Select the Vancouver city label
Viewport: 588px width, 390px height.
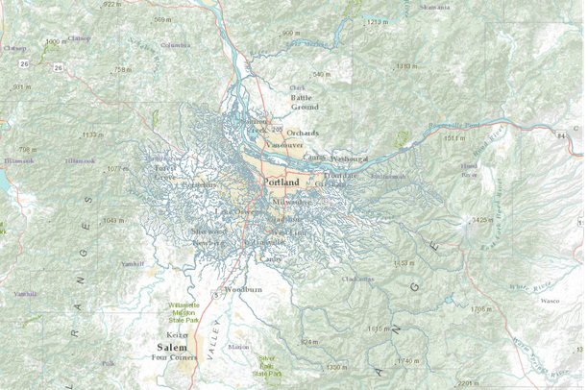284,144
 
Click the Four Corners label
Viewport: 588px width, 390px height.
174,357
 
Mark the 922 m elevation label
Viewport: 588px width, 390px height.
112,5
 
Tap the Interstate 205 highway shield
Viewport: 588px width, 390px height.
277,130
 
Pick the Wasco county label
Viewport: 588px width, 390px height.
550,301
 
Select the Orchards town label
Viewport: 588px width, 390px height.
302,133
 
